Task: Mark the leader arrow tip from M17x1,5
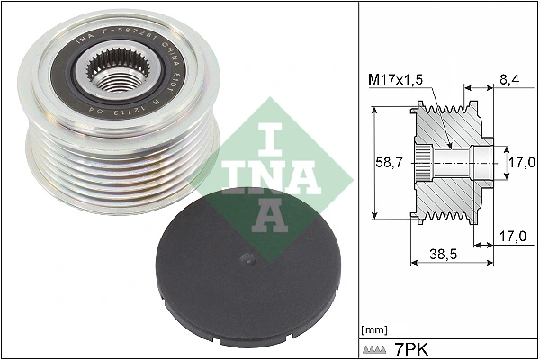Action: click(447, 144)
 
